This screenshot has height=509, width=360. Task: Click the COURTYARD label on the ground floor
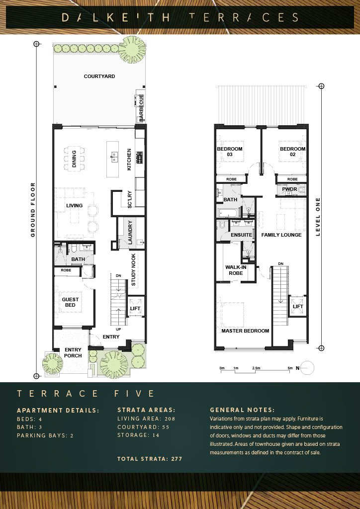99,76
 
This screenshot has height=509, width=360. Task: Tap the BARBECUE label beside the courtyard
141,108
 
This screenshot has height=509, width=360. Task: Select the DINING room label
74,159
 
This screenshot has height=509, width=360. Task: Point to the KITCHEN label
129,160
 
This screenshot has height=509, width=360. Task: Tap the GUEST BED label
70,302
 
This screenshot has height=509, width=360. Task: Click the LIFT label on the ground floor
135,308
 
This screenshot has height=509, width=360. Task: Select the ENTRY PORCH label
73,352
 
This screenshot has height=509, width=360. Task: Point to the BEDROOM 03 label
230,152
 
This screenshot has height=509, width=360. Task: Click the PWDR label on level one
289,189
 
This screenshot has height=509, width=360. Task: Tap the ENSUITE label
242,235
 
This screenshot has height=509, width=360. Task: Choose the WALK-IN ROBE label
236,270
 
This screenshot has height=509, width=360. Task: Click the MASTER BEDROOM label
245,331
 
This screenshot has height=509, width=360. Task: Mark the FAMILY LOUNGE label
281,235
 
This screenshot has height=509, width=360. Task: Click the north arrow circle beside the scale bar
308,368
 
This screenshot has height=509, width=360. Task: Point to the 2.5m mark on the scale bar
256,368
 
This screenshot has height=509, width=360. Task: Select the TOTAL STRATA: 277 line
150,459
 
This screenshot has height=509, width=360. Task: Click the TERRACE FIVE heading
86,394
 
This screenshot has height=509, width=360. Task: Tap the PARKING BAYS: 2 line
45,435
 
